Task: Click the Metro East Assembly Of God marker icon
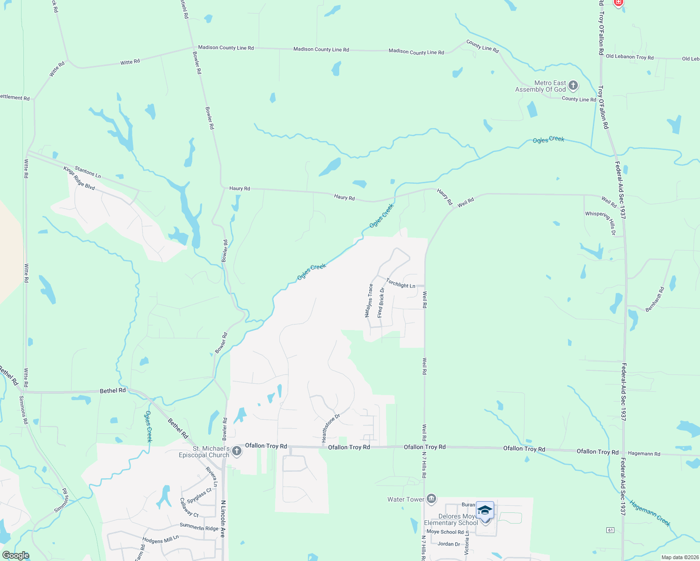point(573,86)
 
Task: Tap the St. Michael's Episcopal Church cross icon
point(237,451)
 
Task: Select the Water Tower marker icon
point(431,499)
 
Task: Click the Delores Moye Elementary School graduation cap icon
point(485,511)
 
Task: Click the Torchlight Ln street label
point(401,283)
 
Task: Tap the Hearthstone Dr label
point(330,428)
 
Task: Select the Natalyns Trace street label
point(369,301)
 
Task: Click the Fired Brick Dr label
point(381,303)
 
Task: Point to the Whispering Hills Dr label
point(601,223)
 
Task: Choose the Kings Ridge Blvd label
point(79,178)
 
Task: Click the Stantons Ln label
point(87,172)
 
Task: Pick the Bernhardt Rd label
point(655,300)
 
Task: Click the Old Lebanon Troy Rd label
point(629,57)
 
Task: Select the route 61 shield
point(610,530)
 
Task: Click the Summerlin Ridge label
point(199,527)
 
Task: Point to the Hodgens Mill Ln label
point(160,540)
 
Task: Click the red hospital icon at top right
point(618,2)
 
